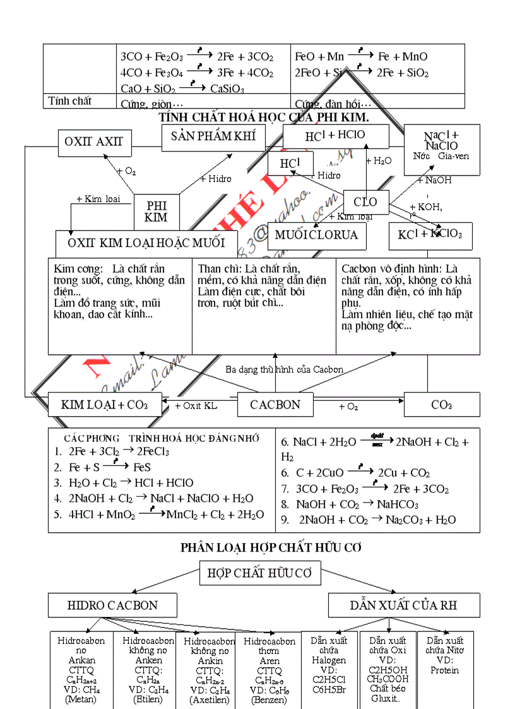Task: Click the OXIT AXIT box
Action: [x=94, y=142]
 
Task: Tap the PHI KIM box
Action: [x=157, y=212]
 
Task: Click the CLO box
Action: [x=365, y=202]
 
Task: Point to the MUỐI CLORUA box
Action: [x=316, y=235]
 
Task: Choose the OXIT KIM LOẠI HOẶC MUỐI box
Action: [x=146, y=242]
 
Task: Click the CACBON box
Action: [x=275, y=405]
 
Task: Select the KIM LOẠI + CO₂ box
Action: [x=104, y=405]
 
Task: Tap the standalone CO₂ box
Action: [x=441, y=405]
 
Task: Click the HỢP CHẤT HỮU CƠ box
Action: [x=260, y=573]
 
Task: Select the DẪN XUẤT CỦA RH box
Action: [x=403, y=605]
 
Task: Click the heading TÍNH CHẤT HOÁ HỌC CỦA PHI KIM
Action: [x=264, y=117]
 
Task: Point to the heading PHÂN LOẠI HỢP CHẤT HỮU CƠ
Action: [x=271, y=547]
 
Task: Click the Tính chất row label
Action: [x=70, y=101]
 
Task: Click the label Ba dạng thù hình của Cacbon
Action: [x=284, y=369]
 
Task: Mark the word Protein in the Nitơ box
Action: [x=444, y=670]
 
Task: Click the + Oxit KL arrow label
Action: [x=196, y=406]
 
